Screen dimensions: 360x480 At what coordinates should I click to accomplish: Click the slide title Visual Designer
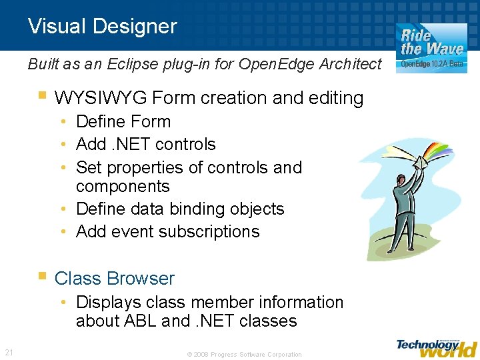[x=102, y=27]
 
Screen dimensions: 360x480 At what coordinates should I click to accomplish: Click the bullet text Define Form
[x=123, y=122]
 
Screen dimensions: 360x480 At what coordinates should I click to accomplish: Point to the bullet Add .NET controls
[x=146, y=145]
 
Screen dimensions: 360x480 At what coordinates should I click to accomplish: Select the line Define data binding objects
[x=180, y=209]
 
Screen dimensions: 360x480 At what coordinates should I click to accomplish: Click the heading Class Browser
[x=114, y=279]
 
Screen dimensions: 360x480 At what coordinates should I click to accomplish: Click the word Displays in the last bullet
[x=107, y=302]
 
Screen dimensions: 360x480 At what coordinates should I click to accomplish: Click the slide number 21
[x=9, y=352]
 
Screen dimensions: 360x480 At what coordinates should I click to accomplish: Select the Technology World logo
[x=437, y=347]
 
